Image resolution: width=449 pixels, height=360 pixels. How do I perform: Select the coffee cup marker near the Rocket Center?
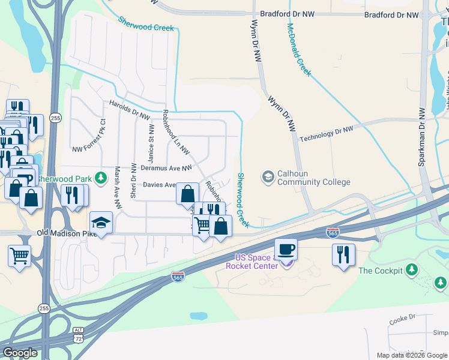point(286,250)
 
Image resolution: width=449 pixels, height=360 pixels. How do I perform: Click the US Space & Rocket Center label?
point(251,262)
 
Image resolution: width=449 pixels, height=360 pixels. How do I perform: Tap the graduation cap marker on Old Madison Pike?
point(101,223)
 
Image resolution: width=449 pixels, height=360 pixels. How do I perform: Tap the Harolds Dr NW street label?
point(129,110)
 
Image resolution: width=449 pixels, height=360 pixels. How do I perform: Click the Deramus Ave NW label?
point(166,169)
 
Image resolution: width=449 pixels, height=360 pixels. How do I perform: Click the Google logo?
point(20,353)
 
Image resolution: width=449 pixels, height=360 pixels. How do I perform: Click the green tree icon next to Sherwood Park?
point(101,178)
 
